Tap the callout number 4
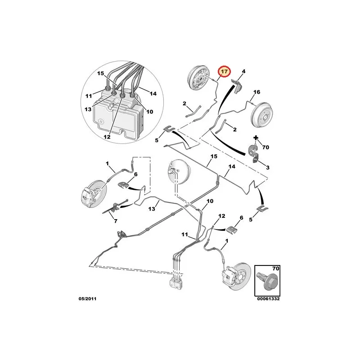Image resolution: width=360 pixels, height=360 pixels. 243,71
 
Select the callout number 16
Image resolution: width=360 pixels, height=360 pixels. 256,92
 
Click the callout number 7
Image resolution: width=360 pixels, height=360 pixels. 115,221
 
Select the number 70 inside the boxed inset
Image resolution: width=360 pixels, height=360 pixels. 276,269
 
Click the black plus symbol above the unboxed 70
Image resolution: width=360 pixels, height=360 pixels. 256,137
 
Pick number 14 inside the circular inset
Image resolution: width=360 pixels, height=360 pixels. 153,94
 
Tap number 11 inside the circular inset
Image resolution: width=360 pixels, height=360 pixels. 89,95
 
